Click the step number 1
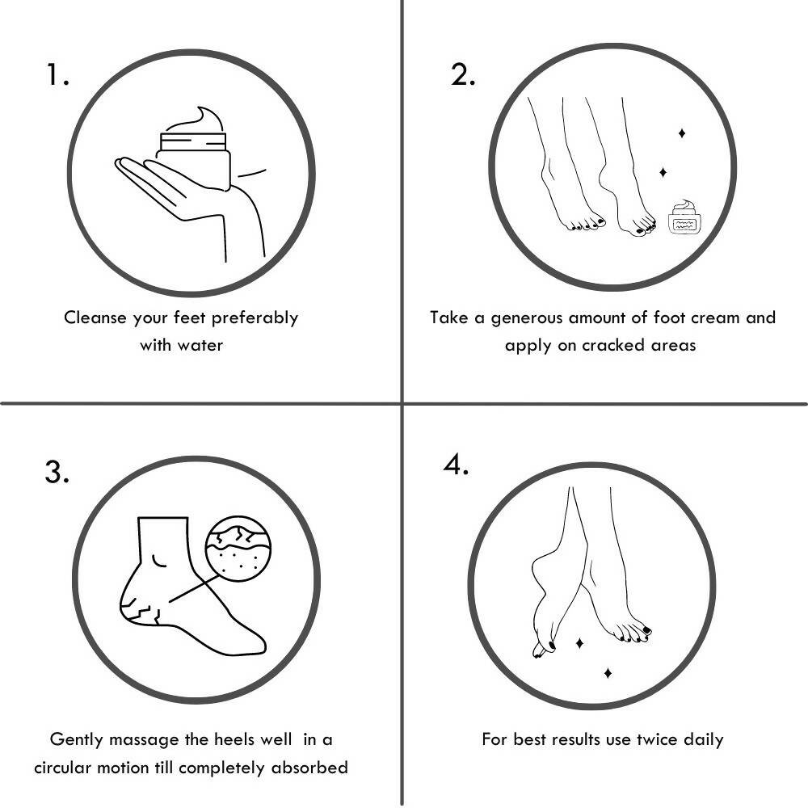(x=57, y=74)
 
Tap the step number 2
(x=462, y=74)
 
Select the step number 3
(x=57, y=472)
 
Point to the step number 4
(x=456, y=465)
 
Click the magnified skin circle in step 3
(x=238, y=549)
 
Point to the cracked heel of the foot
(x=140, y=608)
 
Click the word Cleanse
(x=95, y=318)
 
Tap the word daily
(x=704, y=740)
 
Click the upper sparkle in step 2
(x=682, y=133)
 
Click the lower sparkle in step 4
(x=608, y=673)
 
